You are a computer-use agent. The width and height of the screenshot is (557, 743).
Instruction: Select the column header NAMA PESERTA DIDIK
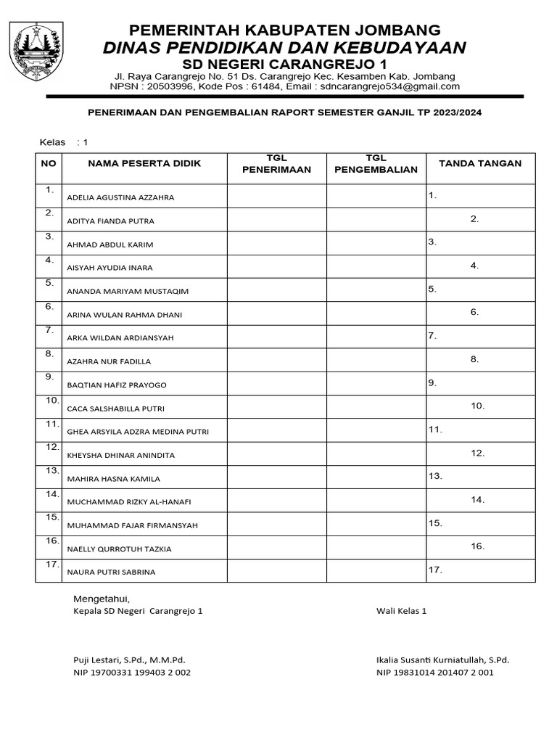coord(144,163)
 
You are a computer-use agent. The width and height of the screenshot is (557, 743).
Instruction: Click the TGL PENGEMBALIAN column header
coord(376,164)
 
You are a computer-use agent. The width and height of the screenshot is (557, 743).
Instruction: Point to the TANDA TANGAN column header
coord(480,163)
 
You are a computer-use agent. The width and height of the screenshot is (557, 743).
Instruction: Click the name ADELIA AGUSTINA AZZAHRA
coord(120,197)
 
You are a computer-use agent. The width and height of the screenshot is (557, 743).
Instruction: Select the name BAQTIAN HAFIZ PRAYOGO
coord(117,385)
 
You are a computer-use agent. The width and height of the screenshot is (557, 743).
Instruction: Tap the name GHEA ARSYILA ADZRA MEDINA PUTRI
coord(138,432)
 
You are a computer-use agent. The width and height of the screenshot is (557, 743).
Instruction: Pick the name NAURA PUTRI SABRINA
coord(111,572)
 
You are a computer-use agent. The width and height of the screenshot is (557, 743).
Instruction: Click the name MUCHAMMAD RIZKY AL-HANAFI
coord(129,501)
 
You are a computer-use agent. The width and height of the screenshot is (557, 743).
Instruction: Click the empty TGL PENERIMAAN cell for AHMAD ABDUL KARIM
coord(277,243)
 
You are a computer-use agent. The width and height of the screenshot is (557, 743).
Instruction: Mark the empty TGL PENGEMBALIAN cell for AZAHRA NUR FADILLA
coord(376,360)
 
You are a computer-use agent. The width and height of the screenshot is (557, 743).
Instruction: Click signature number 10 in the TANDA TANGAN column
coord(478,406)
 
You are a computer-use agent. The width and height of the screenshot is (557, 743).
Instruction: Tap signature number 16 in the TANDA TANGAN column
coord(478,546)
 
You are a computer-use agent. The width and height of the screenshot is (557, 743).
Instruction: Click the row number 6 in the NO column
coord(49,307)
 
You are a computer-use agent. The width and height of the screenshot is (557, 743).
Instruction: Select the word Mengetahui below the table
coord(102,599)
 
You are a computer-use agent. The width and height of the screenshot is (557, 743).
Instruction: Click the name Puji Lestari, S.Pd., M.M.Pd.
coord(129,660)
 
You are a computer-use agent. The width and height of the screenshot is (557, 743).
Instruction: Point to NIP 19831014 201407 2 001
coord(434,673)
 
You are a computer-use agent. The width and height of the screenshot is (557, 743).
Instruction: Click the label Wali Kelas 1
coord(401,611)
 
